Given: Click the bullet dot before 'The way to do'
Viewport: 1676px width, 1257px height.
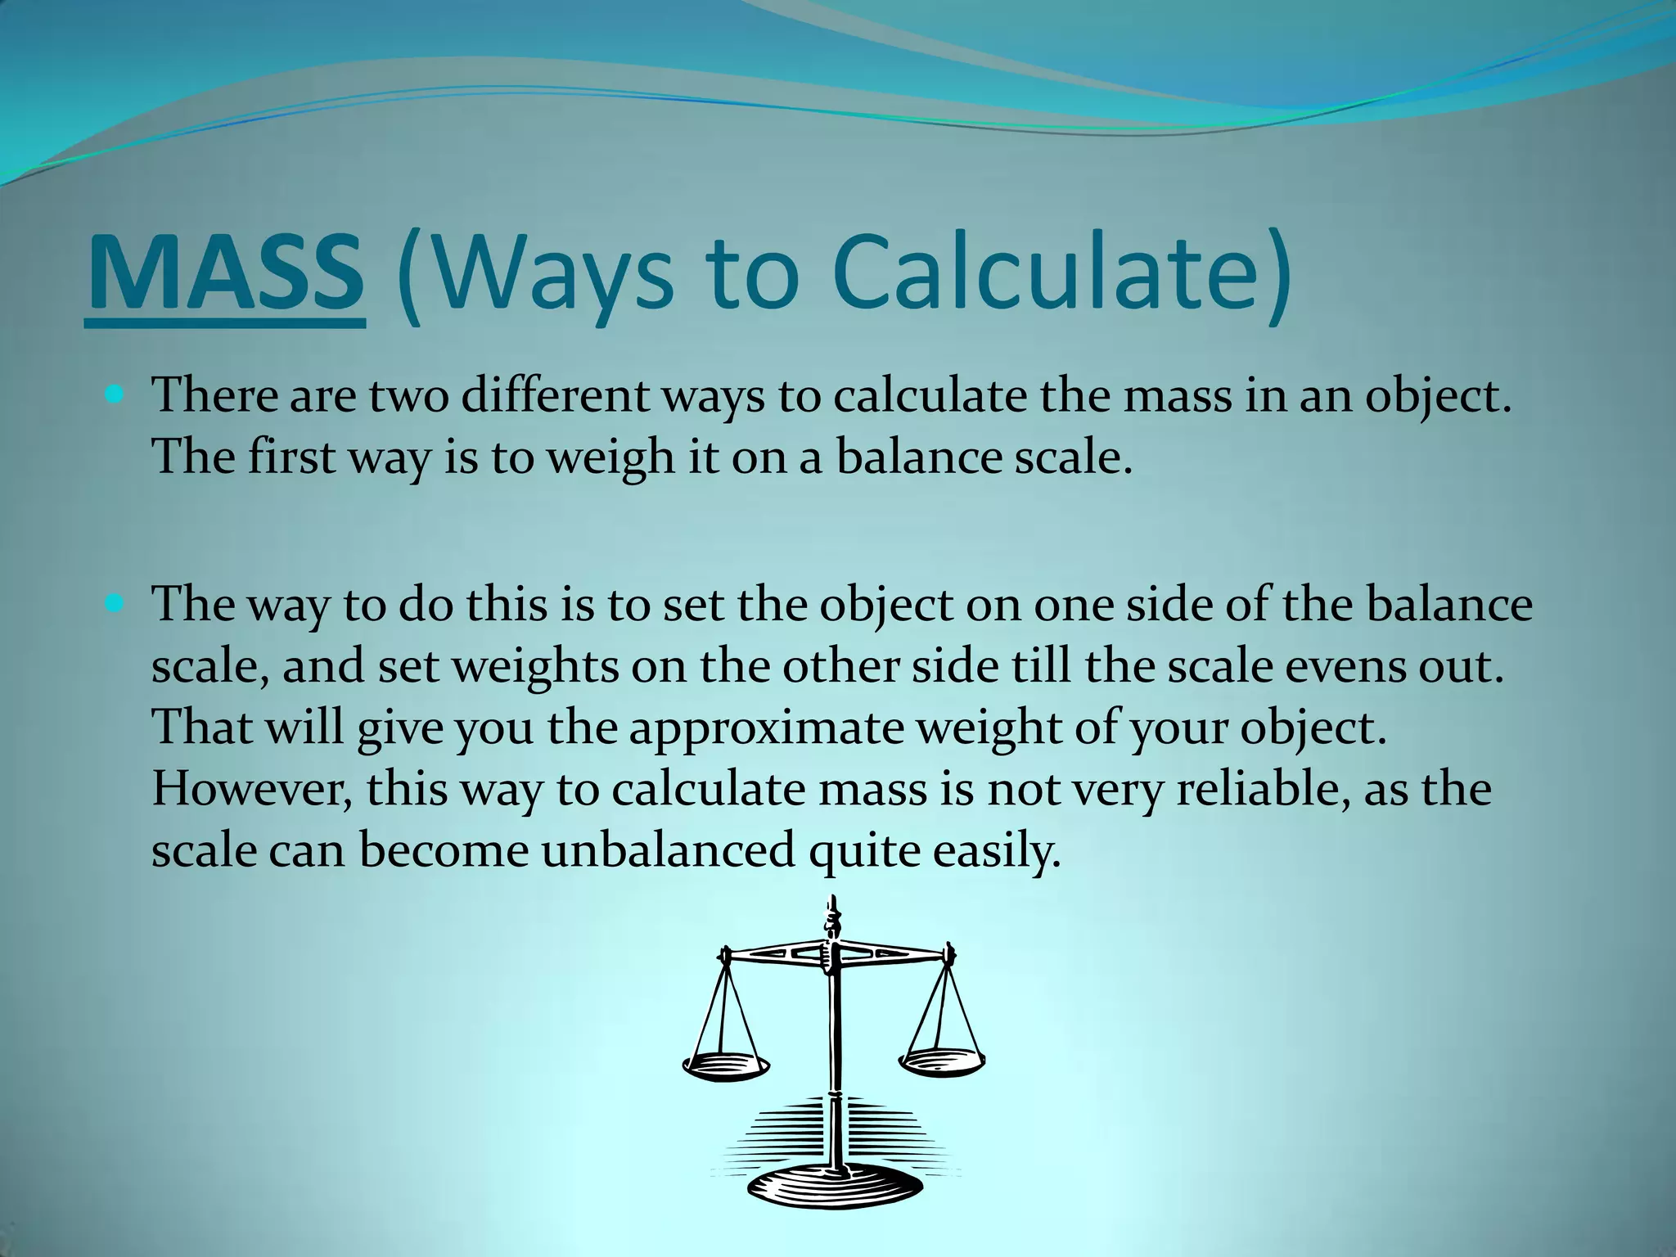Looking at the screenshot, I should (x=115, y=605).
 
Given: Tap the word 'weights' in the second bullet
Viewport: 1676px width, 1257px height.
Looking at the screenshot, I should (x=535, y=666).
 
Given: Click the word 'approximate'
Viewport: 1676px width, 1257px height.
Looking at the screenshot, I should (x=766, y=728).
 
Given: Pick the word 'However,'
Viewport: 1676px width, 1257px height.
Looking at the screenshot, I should (x=251, y=789).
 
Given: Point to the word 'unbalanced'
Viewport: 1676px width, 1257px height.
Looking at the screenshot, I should (x=668, y=851).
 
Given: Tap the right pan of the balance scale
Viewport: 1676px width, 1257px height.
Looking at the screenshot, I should (x=942, y=1061).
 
